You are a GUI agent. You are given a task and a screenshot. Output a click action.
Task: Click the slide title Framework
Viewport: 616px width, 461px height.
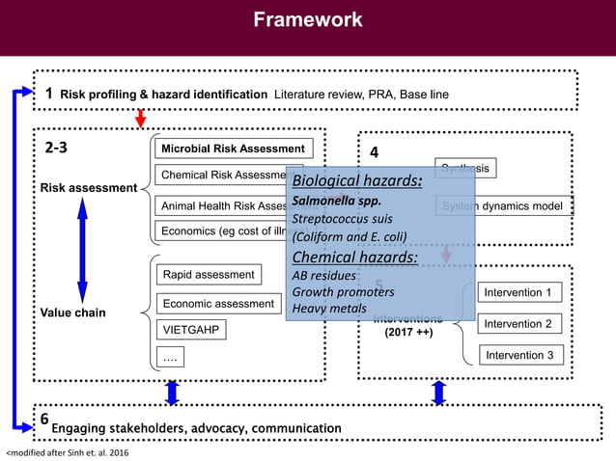tap(308, 19)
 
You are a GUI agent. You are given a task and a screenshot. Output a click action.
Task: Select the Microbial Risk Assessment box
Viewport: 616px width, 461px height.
tap(233, 149)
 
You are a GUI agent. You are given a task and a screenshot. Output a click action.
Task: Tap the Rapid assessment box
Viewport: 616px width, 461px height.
tap(209, 275)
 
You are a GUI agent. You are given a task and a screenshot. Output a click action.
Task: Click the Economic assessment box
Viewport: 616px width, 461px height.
tap(218, 303)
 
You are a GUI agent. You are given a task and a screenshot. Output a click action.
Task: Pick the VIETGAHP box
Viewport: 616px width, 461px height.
tap(191, 330)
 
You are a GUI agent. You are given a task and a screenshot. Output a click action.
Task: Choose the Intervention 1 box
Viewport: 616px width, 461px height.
tap(518, 292)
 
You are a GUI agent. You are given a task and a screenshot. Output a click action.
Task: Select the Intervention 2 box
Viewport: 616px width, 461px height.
tap(518, 324)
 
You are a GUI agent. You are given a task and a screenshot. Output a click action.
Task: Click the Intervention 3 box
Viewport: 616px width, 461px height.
tap(518, 355)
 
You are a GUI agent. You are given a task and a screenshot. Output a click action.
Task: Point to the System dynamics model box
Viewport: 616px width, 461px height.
tap(501, 205)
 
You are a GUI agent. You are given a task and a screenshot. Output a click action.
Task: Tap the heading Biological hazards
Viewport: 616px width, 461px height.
tap(357, 180)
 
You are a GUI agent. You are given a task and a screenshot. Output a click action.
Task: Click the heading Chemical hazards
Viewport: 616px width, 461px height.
tap(354, 257)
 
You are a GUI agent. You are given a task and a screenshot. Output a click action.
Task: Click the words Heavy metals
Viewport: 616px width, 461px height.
tap(329, 309)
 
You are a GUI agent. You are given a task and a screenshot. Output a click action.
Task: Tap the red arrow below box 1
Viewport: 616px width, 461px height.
tap(140, 118)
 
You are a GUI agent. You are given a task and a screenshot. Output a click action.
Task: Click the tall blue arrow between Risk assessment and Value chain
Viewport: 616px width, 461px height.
tap(82, 248)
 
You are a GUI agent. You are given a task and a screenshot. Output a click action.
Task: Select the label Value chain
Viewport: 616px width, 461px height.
tap(72, 312)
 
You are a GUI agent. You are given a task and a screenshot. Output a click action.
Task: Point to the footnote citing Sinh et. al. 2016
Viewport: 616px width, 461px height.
tap(66, 451)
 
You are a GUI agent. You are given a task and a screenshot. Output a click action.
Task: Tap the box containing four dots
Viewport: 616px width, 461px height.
tap(171, 358)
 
